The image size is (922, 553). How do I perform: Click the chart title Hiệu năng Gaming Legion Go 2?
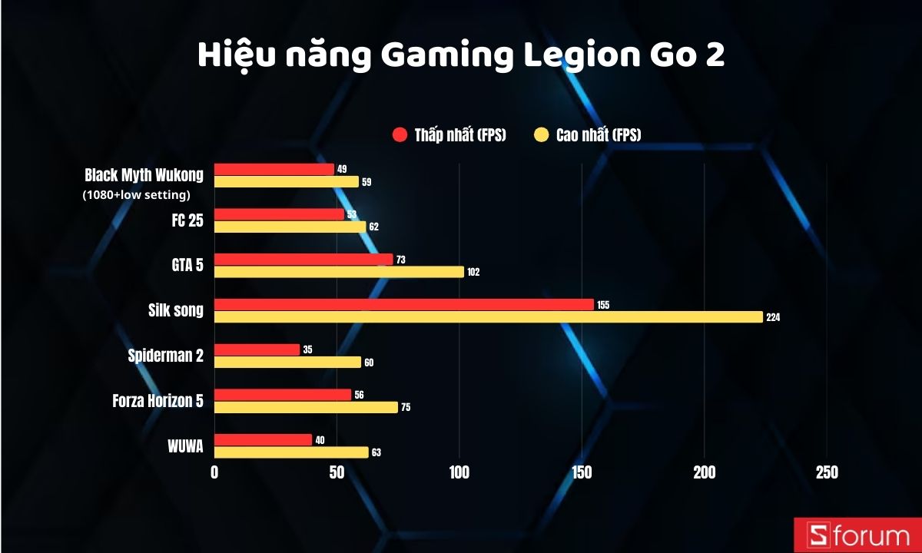click(461, 56)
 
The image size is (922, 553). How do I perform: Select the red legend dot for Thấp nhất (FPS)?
click(400, 135)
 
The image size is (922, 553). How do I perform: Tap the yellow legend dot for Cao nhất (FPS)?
click(542, 135)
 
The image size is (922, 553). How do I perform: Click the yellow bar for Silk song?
click(488, 317)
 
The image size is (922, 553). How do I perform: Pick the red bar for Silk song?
click(403, 305)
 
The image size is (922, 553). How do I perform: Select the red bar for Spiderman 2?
click(257, 349)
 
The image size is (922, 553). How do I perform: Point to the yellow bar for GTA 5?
click(339, 272)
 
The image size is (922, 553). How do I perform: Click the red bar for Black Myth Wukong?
click(274, 169)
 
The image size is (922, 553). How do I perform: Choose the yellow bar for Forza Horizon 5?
click(306, 407)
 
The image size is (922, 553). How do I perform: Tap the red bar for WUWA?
click(263, 439)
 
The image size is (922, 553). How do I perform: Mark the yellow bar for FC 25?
click(290, 227)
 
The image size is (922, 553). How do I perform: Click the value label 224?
click(773, 317)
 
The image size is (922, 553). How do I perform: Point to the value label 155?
click(602, 305)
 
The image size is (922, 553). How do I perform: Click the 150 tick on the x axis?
click(582, 472)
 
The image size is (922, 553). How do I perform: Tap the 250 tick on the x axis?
click(826, 472)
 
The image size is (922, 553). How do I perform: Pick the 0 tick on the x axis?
click(214, 472)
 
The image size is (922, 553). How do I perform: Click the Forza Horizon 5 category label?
click(158, 400)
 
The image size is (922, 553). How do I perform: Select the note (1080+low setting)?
click(136, 195)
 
